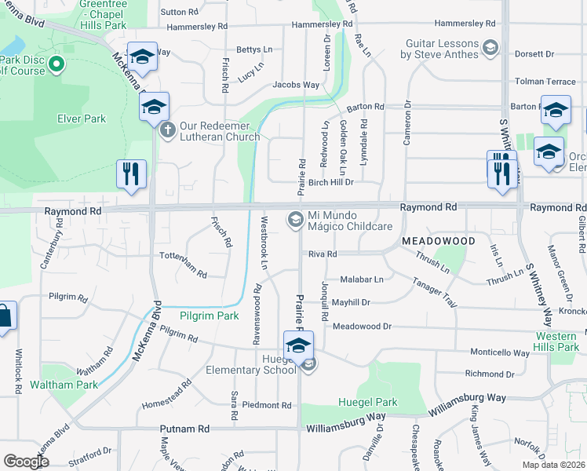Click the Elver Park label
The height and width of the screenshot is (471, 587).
coord(82,119)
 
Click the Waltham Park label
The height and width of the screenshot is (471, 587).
coord(64,385)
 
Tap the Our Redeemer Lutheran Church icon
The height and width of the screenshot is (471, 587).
coord(167,130)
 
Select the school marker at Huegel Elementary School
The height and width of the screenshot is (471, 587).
coord(298,346)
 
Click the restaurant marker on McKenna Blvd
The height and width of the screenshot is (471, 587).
coord(131,173)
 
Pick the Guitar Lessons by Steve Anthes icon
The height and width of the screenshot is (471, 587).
coord(490,49)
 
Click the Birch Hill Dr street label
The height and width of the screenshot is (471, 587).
coord(331,182)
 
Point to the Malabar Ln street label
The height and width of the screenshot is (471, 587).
coord(362,279)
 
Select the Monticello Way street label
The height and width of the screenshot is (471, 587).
coord(500,353)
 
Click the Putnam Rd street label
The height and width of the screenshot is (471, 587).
coord(185,429)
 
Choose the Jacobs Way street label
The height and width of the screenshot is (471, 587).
coord(296,85)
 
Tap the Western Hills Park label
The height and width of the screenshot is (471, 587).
coord(556,341)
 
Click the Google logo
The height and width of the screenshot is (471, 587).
coord(26,462)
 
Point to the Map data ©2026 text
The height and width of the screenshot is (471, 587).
coord(554,465)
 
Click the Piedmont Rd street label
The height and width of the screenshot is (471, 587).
coord(267,405)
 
